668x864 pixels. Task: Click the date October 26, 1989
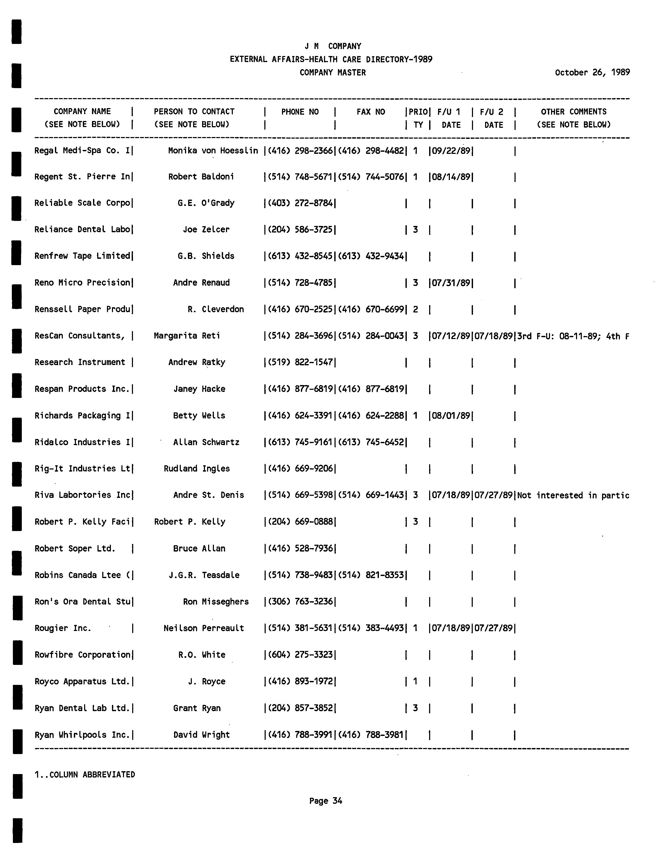(592, 72)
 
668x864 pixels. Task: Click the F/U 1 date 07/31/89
(451, 283)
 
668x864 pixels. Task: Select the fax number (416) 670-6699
(371, 309)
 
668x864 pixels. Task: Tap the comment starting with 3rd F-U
(573, 337)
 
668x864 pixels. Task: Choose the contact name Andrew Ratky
(197, 362)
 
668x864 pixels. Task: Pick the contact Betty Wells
(199, 415)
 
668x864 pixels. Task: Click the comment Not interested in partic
(573, 495)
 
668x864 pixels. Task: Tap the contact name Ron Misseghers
(215, 602)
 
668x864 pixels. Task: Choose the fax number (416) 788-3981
(371, 735)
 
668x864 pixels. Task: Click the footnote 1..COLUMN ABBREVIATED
(85, 775)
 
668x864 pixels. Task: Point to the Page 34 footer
(325, 801)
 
